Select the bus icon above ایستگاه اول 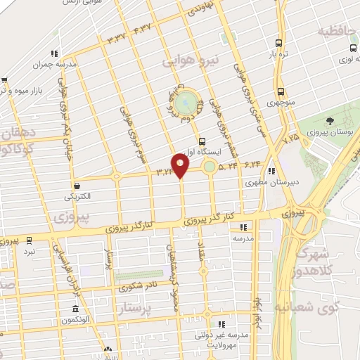pos(202,141)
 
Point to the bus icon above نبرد pos(29,240)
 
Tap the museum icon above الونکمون pos(76,309)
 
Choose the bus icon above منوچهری pos(281,91)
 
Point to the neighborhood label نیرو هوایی pos(191,62)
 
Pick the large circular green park pos(184,103)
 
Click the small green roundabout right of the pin pos(210,167)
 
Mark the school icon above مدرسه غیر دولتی pos(221,324)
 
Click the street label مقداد pos(199,255)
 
